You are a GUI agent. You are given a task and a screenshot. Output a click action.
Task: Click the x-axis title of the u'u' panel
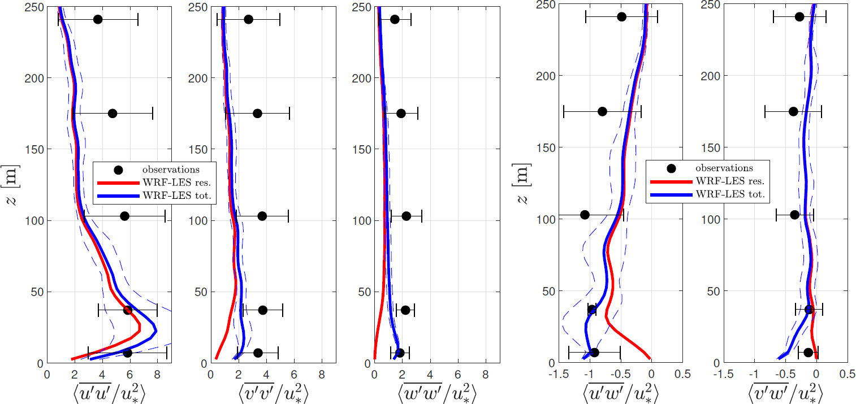point(109,391)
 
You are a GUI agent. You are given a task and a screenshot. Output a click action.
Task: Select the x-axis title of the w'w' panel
point(436,391)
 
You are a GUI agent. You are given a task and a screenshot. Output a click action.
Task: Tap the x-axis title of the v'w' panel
point(785,391)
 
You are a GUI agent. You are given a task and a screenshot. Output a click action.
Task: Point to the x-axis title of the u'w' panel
point(620,391)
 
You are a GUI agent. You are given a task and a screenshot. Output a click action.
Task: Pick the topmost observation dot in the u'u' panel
point(98,20)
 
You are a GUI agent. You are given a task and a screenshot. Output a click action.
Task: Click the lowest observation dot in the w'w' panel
point(400,353)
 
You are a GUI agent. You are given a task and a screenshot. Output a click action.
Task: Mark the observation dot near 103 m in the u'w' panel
point(585,215)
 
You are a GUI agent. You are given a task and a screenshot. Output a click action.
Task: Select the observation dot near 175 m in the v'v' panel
point(257,114)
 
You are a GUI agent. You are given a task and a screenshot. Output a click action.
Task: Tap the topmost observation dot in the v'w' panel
point(799,17)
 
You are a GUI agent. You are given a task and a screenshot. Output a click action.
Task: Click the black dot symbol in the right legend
point(672,168)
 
